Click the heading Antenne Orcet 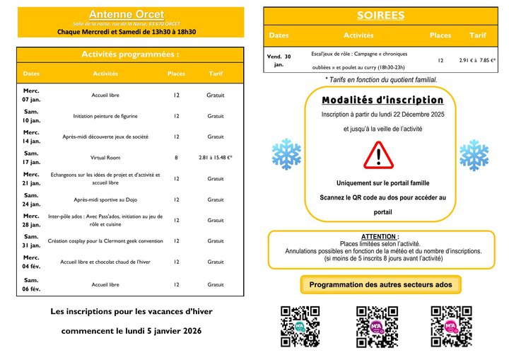[127, 14]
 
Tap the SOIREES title [380, 15]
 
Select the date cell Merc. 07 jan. [31, 95]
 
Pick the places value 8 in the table [176, 158]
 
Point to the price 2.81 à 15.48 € [216, 158]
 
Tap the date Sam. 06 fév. [31, 284]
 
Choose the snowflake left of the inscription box [286, 154]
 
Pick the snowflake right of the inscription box [474, 154]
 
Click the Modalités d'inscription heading [382, 100]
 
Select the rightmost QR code [451, 326]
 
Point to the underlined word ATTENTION [380, 236]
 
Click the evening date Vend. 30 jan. [279, 60]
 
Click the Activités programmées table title [130, 54]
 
